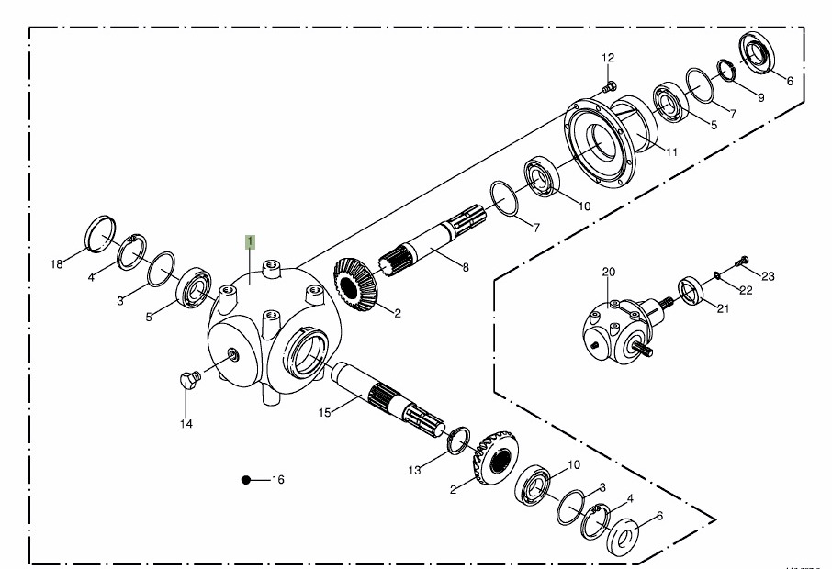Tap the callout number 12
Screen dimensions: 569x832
pos(608,59)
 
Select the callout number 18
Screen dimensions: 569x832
pos(57,265)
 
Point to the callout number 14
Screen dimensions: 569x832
pos(186,424)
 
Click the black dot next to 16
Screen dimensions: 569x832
pos(245,480)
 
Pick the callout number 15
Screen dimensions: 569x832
pos(324,413)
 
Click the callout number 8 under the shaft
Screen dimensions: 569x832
pos(466,268)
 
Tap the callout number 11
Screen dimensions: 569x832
pos(672,151)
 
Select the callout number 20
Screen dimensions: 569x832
pos(608,273)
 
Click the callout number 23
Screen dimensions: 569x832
pos(769,275)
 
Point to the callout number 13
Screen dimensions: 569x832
pos(415,470)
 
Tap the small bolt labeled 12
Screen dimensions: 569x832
pos(609,88)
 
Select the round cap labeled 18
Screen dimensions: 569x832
pos(100,232)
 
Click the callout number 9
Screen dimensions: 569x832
pos(760,96)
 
